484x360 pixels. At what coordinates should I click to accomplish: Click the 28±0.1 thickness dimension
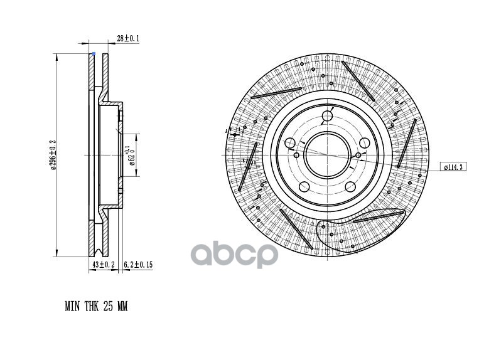pyautogui.click(x=128, y=39)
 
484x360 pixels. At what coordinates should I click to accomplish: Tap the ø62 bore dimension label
pyautogui.click(x=131, y=155)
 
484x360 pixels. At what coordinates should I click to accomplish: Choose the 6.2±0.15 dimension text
pyautogui.click(x=138, y=265)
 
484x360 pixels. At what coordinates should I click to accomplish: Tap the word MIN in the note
pyautogui.click(x=73, y=307)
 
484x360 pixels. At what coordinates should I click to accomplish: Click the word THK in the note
pyautogui.click(x=90, y=307)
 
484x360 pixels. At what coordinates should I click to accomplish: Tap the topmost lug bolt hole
pyautogui.click(x=327, y=116)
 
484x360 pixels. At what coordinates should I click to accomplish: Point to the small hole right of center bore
pyautogui.click(x=358, y=155)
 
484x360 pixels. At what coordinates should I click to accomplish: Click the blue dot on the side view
pyautogui.click(x=94, y=54)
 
